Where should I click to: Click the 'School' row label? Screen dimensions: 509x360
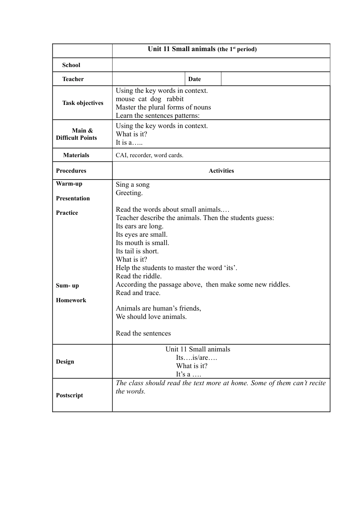tap(71, 65)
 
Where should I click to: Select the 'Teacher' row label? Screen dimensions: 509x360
tap(73, 79)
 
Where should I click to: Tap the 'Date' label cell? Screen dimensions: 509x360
tap(194, 79)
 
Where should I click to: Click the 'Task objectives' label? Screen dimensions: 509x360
tap(83, 103)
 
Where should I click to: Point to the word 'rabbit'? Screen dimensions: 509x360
tap(175, 99)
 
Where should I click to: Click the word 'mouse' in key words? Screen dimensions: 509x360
tap(125, 99)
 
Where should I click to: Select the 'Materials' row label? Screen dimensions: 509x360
tap(76, 155)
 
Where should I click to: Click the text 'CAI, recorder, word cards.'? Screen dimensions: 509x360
tap(149, 155)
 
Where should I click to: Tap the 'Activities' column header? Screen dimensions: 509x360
tap(221, 171)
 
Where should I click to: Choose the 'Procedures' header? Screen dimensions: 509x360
tap(71, 171)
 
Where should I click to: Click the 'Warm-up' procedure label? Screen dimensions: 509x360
tap(69, 184)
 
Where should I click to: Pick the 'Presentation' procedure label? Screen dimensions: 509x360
tap(73, 198)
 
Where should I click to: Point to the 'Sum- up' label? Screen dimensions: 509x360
tap(67, 286)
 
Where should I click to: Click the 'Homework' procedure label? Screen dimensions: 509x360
tap(71, 300)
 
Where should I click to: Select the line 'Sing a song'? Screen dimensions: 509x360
tap(133, 184)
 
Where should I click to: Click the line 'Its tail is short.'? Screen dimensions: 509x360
tap(137, 251)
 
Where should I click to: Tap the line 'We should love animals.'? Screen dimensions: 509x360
tap(151, 317)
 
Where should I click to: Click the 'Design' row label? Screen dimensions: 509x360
tap(65, 362)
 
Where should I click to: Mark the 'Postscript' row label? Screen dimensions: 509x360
tap(69, 395)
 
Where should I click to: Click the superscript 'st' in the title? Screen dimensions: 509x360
tap(234, 48)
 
